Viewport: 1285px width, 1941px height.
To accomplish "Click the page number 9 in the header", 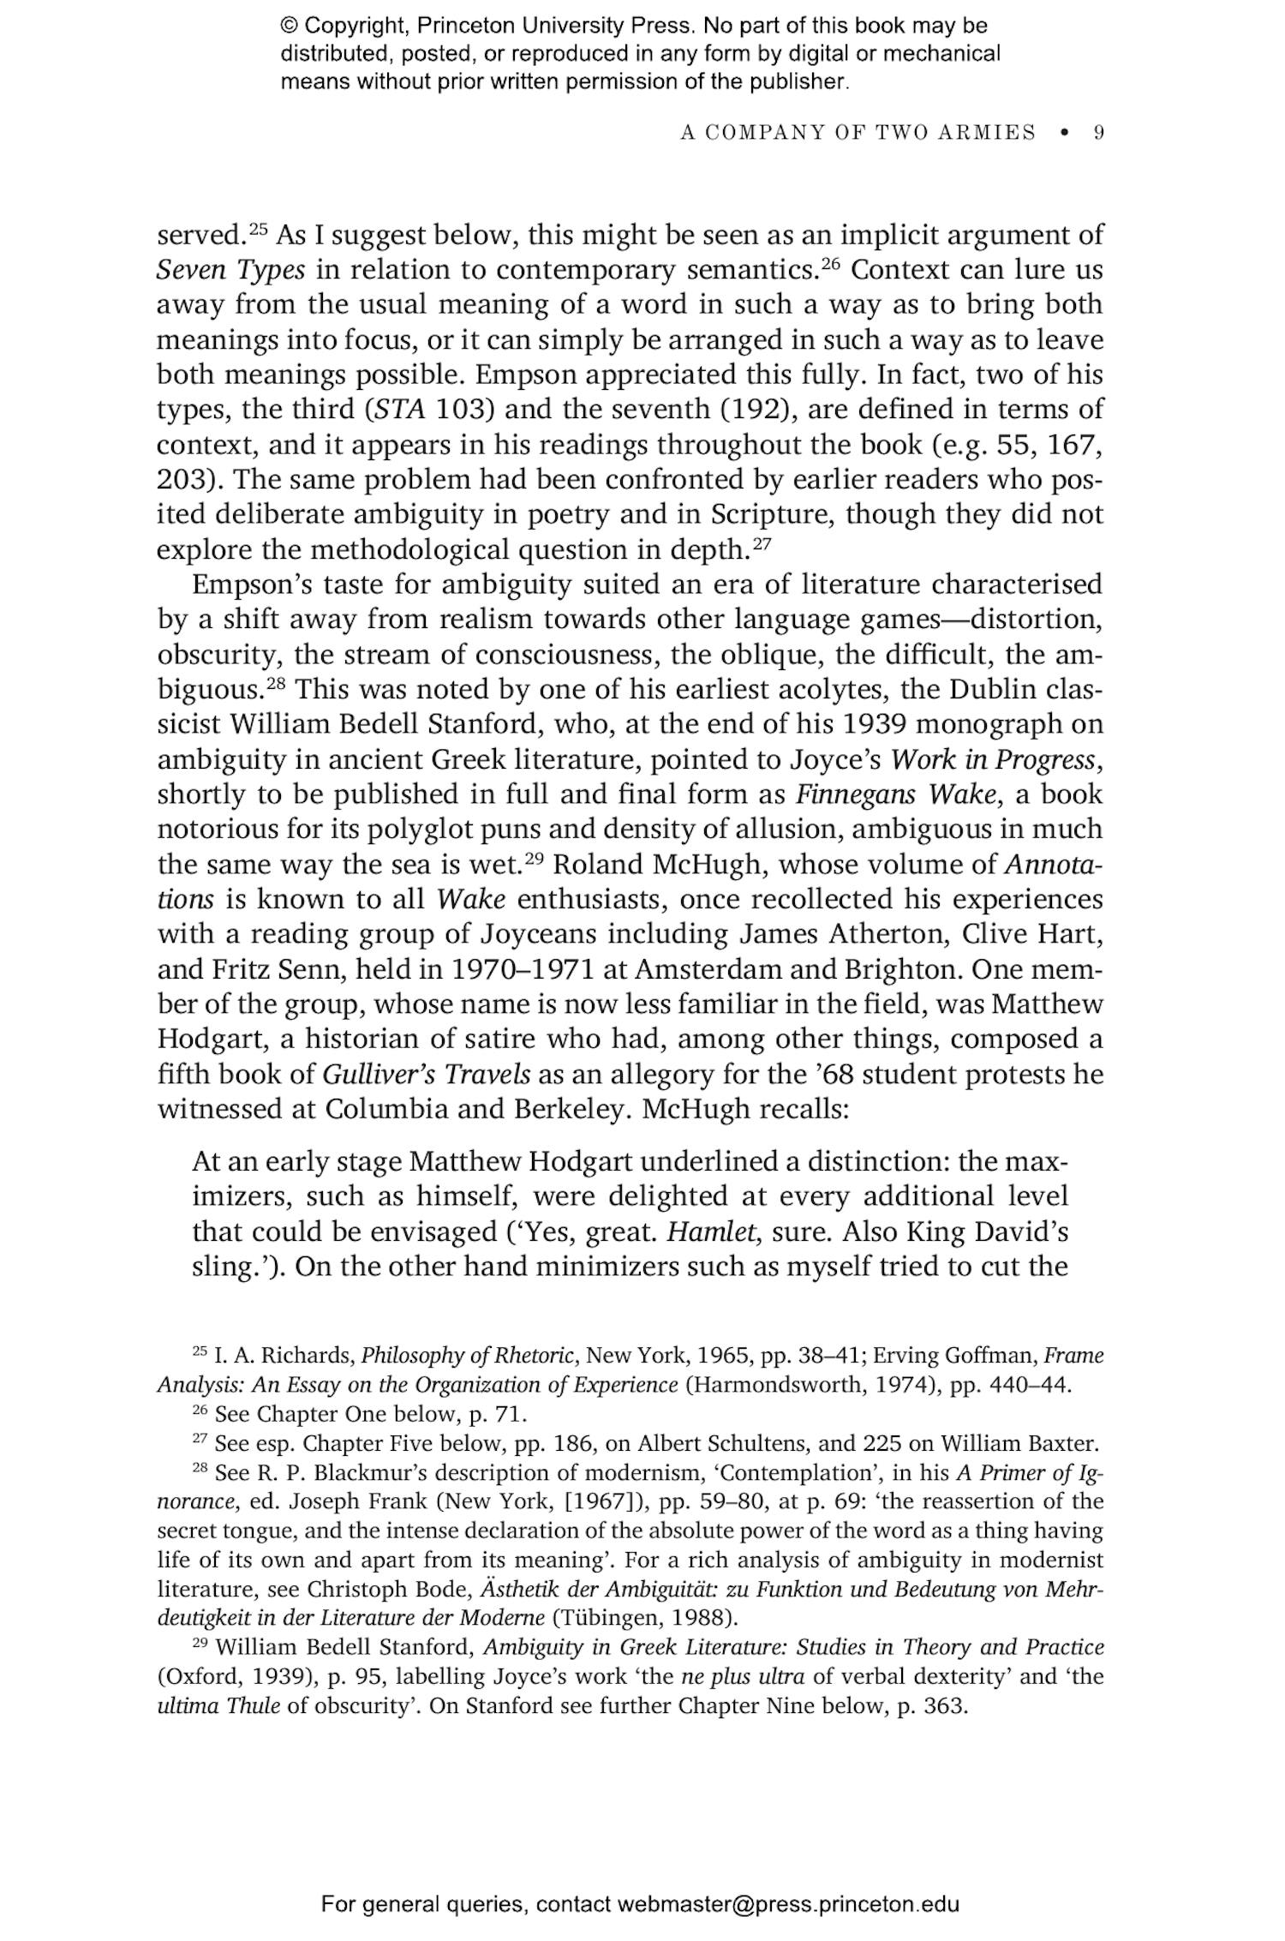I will [1098, 133].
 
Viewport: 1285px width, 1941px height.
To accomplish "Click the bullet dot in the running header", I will [1065, 133].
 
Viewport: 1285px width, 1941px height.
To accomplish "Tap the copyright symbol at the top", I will [288, 26].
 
